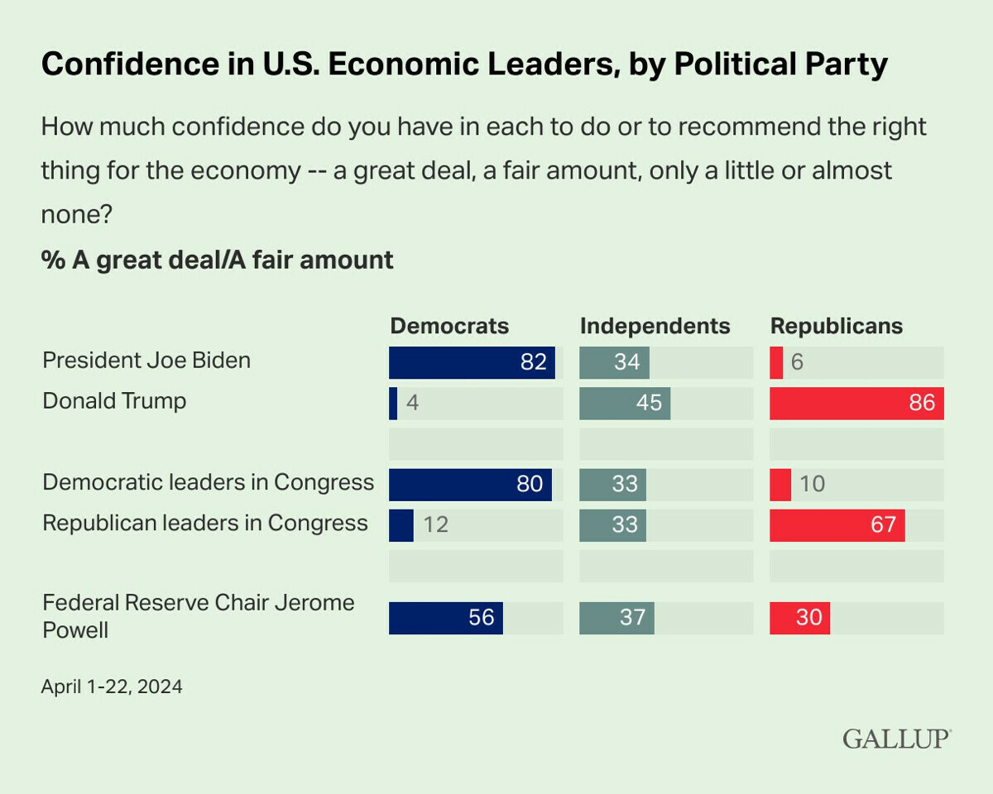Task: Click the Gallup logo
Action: point(897,739)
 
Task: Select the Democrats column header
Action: point(449,326)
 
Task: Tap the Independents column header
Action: point(655,326)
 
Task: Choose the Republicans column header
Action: point(837,326)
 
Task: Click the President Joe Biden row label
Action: point(146,361)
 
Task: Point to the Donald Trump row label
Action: point(114,401)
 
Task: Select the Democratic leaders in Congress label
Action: point(209,482)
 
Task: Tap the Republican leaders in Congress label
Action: point(205,523)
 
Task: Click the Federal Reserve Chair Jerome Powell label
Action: point(199,615)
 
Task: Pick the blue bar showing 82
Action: point(472,362)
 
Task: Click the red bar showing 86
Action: point(856,403)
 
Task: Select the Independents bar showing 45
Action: point(625,403)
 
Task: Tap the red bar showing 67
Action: point(837,525)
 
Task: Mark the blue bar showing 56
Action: point(445,618)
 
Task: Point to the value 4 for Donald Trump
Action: point(412,404)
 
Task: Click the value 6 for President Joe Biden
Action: point(797,363)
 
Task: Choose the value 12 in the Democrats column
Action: point(435,525)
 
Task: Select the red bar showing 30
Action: point(799,618)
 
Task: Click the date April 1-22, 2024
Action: point(112,686)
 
